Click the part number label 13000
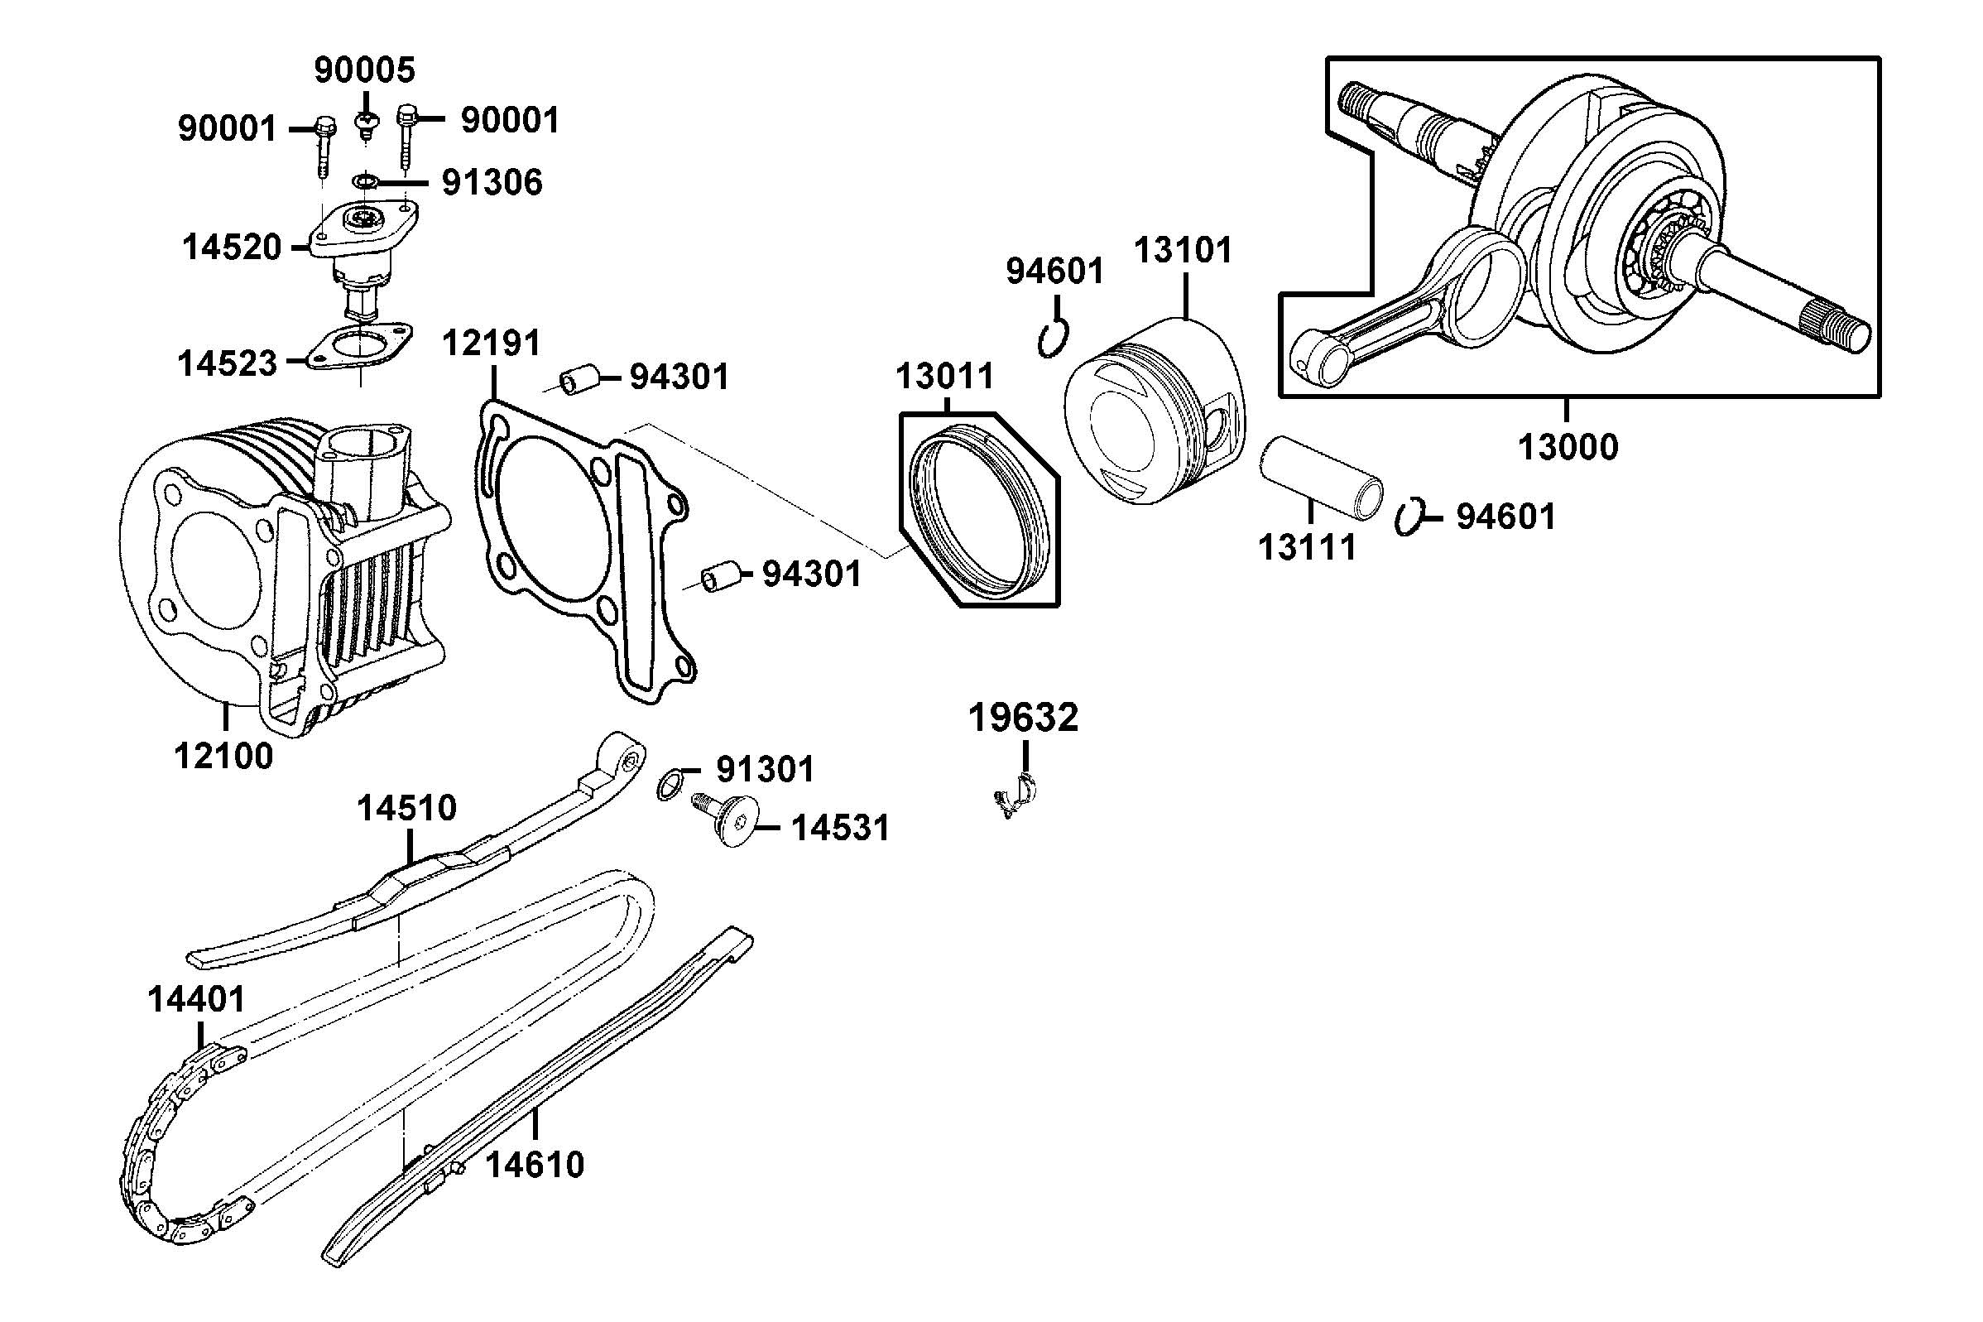(x=1568, y=447)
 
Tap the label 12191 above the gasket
(x=492, y=344)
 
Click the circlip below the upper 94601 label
(x=1053, y=338)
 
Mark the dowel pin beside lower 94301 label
(x=721, y=576)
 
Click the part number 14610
(x=535, y=1166)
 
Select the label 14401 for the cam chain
(x=196, y=1000)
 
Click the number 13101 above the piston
(x=1183, y=250)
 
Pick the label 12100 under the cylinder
(x=224, y=757)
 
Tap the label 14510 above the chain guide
(x=406, y=809)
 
